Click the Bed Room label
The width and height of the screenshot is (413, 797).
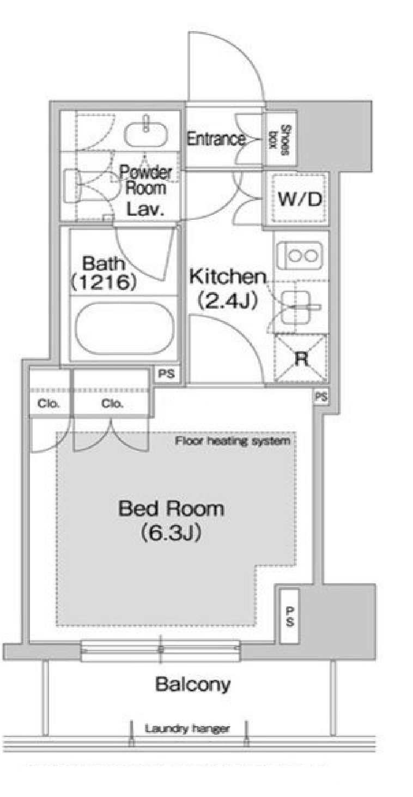171,509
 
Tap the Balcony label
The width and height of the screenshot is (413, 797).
193,684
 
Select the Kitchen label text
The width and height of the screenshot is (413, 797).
228,277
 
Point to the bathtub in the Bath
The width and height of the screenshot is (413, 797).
125,328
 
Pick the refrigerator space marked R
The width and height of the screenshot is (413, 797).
301,358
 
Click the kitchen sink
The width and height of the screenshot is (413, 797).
296,307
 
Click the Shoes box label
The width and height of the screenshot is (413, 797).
280,140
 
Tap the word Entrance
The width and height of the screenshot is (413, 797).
216,139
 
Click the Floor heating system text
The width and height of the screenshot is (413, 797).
233,441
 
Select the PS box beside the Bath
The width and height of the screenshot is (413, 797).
167,374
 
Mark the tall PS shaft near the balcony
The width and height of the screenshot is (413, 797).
289,616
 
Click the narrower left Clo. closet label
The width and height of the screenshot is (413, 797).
48,403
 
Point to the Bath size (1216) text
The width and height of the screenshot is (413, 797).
104,282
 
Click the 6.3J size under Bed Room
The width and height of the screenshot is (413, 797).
171,532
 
